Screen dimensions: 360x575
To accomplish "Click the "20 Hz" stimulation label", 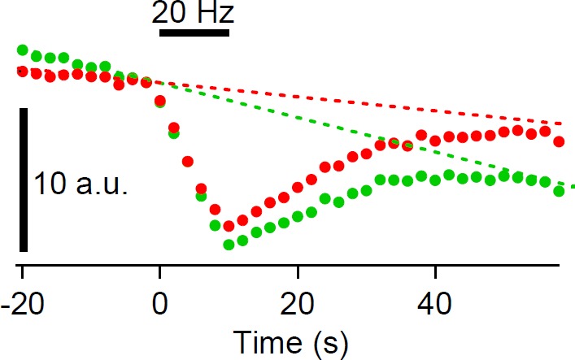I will (x=194, y=13).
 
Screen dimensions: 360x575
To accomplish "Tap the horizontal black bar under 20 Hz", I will (x=194, y=33).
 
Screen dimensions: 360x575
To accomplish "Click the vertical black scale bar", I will (x=24, y=180).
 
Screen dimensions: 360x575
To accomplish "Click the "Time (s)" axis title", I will (x=290, y=343).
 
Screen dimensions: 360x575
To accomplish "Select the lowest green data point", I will (x=229, y=245).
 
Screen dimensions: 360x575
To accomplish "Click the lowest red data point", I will (x=229, y=226).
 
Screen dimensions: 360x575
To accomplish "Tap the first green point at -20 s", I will (x=22, y=50).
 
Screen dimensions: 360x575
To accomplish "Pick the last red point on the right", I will (x=559, y=141).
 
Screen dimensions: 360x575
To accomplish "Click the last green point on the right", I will (x=559, y=192).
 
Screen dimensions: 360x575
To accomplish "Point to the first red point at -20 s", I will (x=22, y=72).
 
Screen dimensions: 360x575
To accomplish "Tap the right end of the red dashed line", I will (x=561, y=124).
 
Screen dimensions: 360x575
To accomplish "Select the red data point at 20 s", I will (x=298, y=187).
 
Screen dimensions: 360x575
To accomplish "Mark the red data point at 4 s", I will (x=188, y=161).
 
